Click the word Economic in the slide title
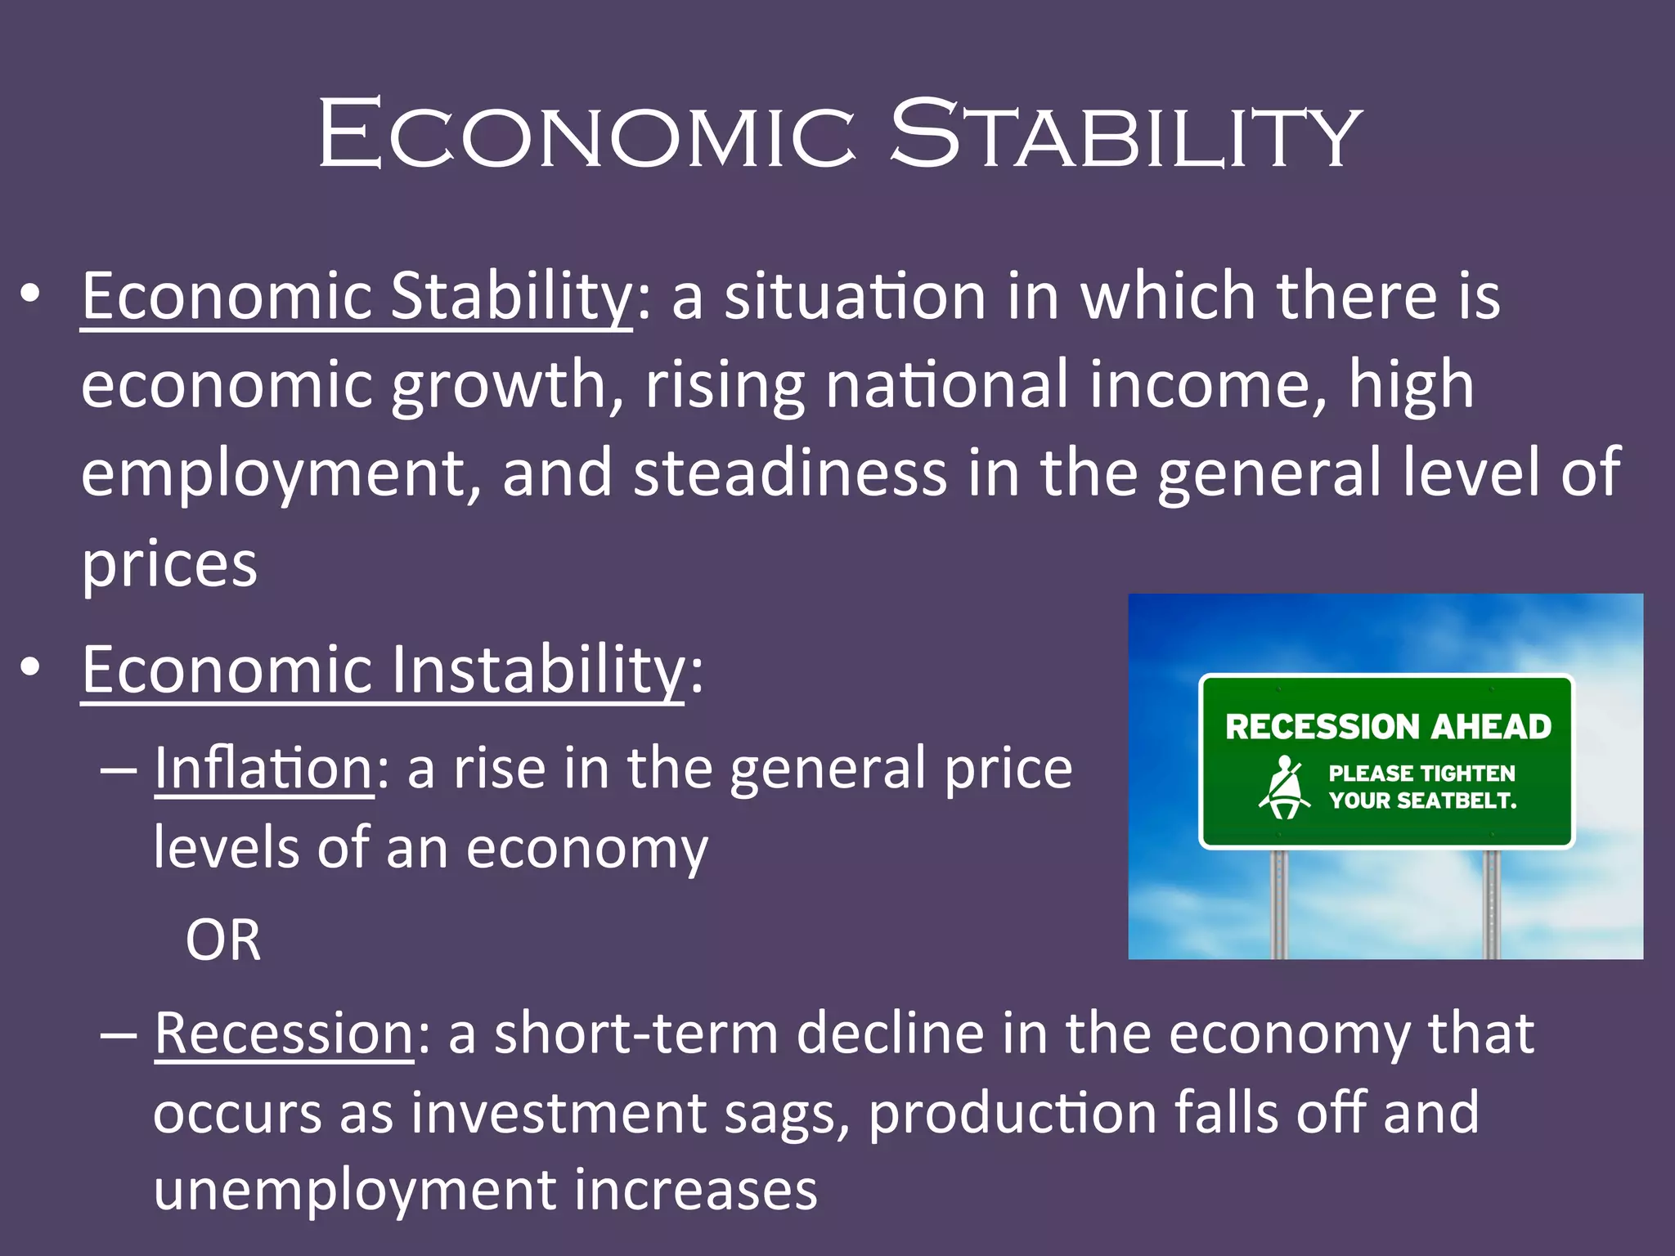click(x=586, y=133)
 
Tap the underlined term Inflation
click(x=263, y=769)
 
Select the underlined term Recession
click(x=284, y=1034)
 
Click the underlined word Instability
click(x=537, y=670)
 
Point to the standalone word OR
click(x=222, y=940)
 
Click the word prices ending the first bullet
click(x=169, y=564)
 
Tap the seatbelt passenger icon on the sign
click(x=1284, y=787)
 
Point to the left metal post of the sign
click(x=1279, y=904)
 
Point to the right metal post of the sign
click(x=1492, y=904)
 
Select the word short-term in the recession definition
click(x=635, y=1034)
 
